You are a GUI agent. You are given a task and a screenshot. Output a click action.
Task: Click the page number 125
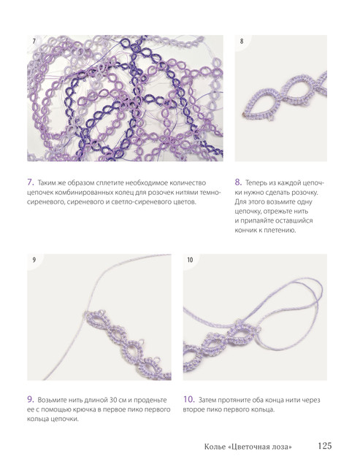tap(324, 446)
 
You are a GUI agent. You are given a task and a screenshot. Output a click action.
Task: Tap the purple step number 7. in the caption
tap(31, 182)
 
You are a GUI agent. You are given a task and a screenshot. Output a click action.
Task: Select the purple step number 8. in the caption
tap(238, 182)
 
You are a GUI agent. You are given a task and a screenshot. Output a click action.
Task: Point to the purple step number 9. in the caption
tap(31, 399)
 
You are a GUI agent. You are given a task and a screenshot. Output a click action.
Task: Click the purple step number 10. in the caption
tap(189, 399)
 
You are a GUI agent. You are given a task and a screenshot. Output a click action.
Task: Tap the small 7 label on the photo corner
tap(34, 41)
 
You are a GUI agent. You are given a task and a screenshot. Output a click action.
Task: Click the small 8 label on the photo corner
tap(242, 41)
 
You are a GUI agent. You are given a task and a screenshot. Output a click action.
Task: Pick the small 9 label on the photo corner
tap(34, 260)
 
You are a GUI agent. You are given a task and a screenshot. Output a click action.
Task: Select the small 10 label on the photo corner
tap(190, 260)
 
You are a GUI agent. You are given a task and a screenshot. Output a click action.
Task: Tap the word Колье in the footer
tap(215, 447)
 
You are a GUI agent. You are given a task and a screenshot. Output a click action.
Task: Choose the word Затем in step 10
tap(207, 400)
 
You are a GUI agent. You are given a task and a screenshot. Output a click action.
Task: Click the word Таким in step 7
tap(47, 183)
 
